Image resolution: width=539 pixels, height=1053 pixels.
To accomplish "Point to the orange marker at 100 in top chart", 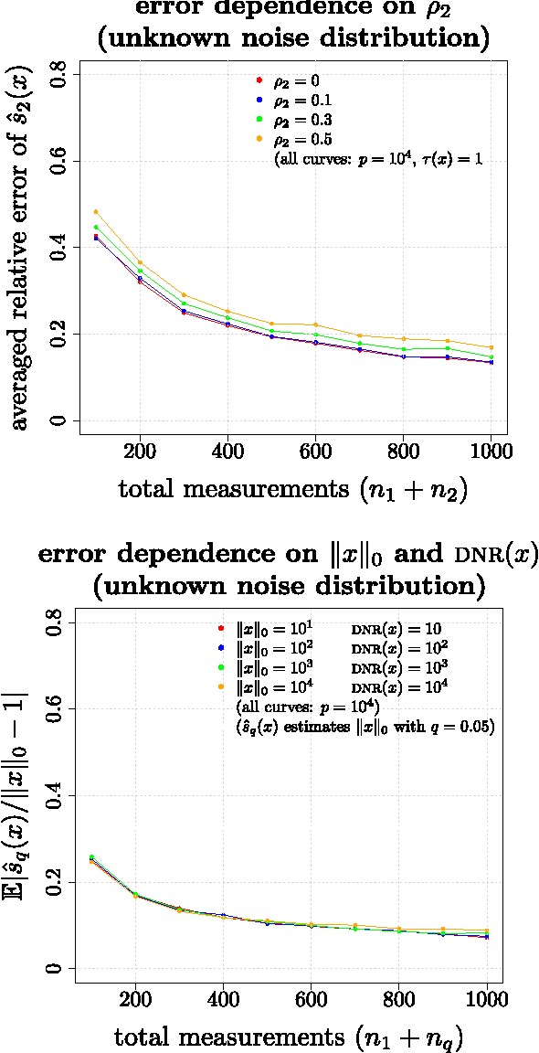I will (96, 211).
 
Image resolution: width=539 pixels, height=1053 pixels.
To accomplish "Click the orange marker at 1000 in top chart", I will (491, 347).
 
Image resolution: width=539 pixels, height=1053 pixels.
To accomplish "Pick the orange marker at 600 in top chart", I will (315, 324).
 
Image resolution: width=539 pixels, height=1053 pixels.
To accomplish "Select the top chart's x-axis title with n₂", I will (293, 489).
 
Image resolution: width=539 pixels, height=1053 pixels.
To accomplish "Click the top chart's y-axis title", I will (20, 248).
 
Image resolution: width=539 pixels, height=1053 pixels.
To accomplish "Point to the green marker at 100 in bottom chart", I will (91, 856).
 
